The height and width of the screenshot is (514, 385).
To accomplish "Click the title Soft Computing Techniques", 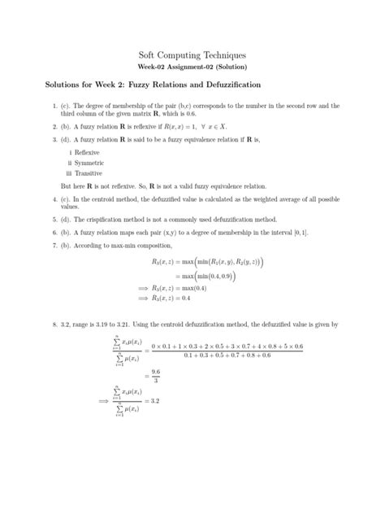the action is [192, 52].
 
